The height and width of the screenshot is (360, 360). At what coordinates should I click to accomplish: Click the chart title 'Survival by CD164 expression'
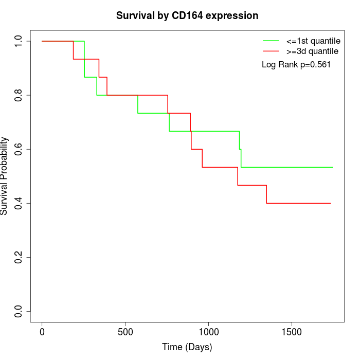point(187,15)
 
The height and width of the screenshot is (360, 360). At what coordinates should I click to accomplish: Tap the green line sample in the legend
point(271,41)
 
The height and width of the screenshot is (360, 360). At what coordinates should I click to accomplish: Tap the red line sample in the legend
point(271,51)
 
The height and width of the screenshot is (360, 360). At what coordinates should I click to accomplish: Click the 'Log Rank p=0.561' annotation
point(296,65)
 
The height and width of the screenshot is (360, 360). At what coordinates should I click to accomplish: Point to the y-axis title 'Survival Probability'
point(5,176)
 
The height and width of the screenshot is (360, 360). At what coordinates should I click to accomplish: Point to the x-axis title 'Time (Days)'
point(187,347)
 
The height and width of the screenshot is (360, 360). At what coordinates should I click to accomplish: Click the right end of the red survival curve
point(330,203)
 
